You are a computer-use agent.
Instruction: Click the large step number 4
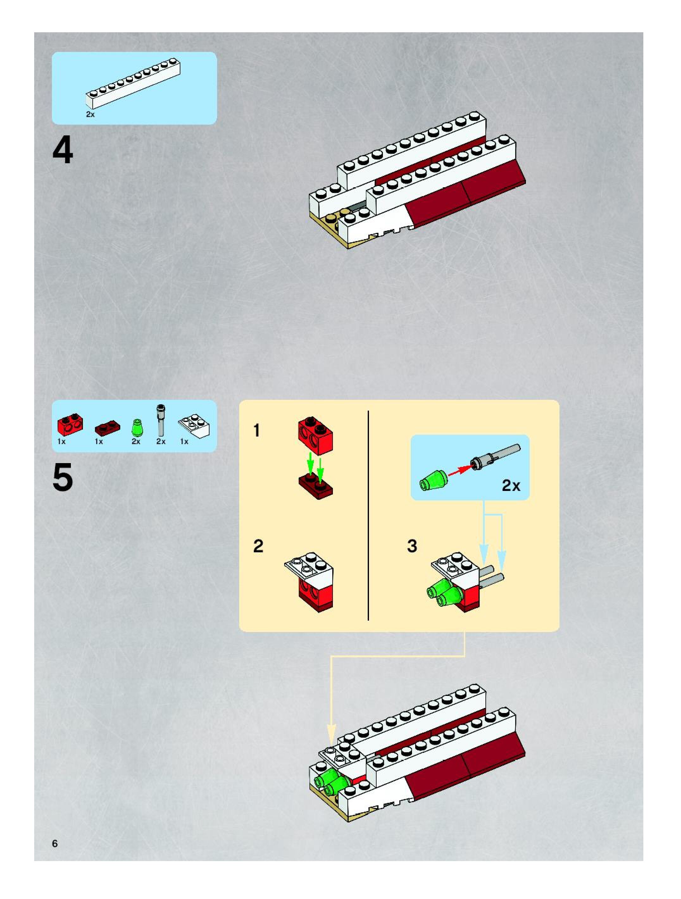pyautogui.click(x=63, y=150)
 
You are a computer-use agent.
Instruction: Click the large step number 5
pyautogui.click(x=63, y=477)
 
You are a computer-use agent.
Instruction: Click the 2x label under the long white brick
pyautogui.click(x=90, y=115)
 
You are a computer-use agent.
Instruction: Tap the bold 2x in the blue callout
pyautogui.click(x=511, y=485)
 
